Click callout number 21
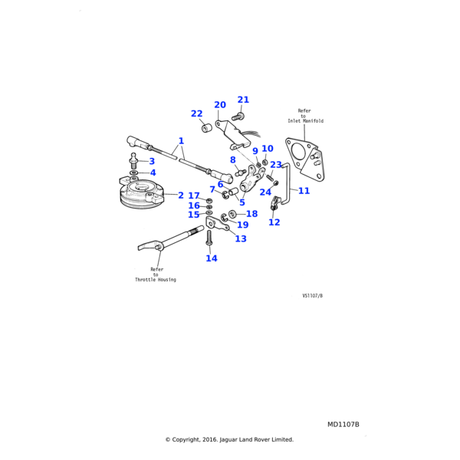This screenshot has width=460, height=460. point(243,100)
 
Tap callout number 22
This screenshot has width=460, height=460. point(197,114)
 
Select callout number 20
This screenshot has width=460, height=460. point(220,105)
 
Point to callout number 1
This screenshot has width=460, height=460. point(181,141)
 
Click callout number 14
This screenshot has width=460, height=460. point(212,258)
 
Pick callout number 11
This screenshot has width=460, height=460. point(304,191)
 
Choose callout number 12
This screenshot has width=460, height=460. point(274,222)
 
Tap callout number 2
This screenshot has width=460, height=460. point(181,195)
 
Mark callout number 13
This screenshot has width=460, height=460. point(241,238)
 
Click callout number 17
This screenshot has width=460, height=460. point(194,196)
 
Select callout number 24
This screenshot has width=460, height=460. point(265,192)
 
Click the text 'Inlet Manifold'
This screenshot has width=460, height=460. point(306,121)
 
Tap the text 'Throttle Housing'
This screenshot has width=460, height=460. point(156,280)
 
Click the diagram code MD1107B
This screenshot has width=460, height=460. point(343,425)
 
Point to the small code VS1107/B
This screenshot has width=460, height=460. point(312,295)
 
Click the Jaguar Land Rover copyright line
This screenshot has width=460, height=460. point(229,440)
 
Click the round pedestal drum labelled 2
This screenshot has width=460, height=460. point(141,195)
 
